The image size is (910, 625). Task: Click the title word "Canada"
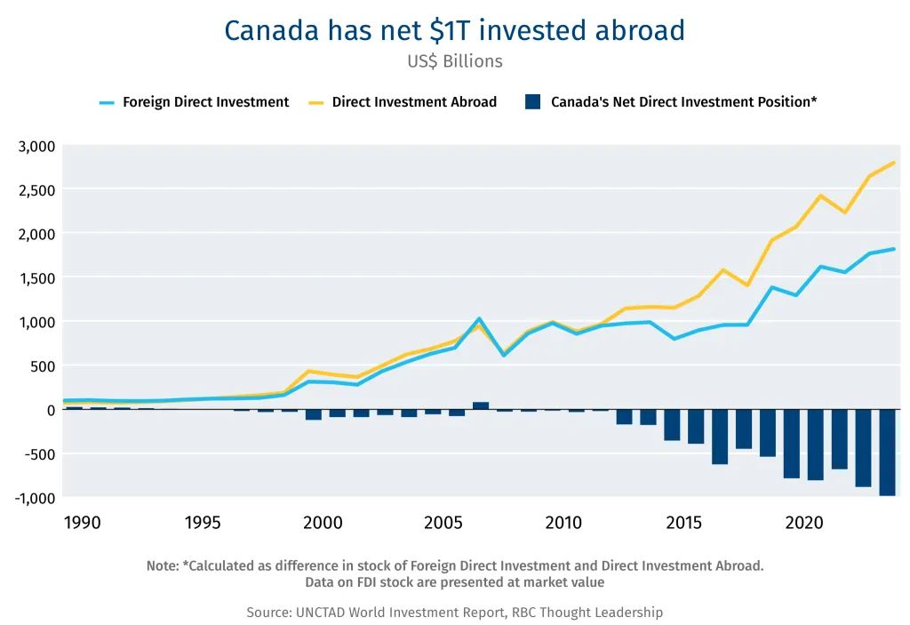coord(271,31)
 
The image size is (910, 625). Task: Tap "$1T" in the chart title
coord(449,31)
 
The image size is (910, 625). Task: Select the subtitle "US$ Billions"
coord(455,61)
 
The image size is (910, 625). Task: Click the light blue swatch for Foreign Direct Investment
coord(107,102)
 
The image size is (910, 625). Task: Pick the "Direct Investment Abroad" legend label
coord(414,102)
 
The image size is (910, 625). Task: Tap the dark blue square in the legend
coord(533,102)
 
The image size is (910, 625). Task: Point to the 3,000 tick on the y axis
coord(36,147)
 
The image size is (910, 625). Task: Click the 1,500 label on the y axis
coord(36,278)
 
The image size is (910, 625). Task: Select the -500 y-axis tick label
coord(39,454)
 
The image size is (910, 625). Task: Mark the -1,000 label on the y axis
coord(35,499)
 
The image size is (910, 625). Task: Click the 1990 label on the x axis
coord(82,523)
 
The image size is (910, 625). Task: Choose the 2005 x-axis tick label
coord(443,523)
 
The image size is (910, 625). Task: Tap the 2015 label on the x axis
coord(683,523)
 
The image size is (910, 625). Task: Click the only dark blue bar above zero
coord(481,405)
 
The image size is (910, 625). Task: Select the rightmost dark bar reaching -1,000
coord(888,453)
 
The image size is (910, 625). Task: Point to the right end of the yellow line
coord(894,163)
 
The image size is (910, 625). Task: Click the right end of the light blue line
coord(894,249)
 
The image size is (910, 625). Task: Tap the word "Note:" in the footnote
coord(163,565)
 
